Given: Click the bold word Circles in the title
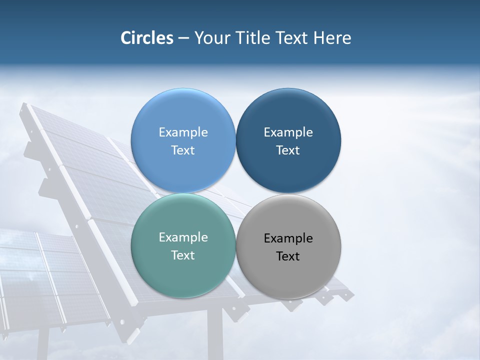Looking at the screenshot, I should coord(146,38).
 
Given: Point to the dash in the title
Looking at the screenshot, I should coord(183,38).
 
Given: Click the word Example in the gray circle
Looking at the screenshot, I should coord(288,238).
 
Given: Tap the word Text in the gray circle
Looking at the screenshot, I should coord(288,256).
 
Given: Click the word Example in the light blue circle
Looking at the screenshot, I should coord(183,132).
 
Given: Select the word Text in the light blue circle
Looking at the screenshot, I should coord(183,150).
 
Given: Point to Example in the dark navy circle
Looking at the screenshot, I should coord(288,132).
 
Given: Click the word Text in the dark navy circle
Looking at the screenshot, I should coord(288,150).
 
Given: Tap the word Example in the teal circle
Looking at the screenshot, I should coord(183,237).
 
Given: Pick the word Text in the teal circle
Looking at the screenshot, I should coord(183,255).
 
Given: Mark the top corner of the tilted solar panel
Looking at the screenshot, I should coord(25,105).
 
